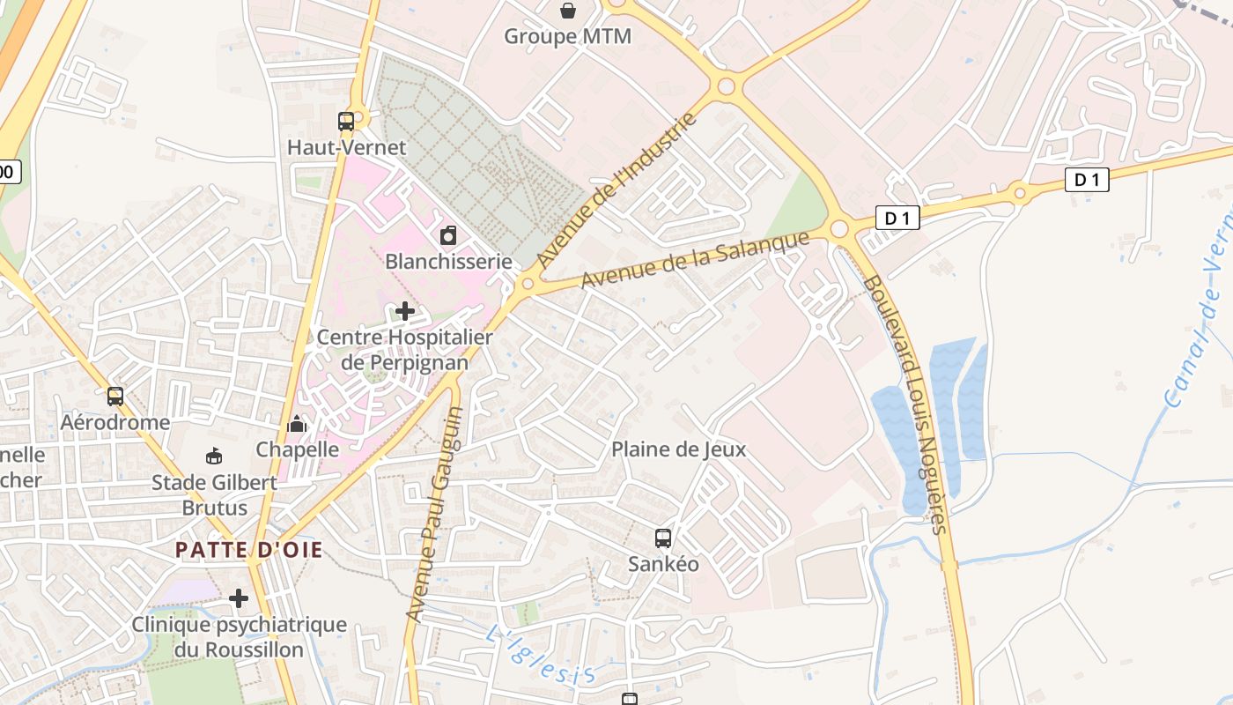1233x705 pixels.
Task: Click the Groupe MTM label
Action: point(567,36)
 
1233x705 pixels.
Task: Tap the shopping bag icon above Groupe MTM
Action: point(568,11)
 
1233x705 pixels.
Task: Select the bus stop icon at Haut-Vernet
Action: point(346,122)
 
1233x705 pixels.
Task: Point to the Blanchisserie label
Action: point(448,261)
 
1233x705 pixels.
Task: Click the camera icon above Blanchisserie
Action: point(448,235)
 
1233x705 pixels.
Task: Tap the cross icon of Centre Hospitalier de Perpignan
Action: point(405,311)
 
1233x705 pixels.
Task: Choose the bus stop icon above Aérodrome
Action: point(115,397)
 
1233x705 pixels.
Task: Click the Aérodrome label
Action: point(115,422)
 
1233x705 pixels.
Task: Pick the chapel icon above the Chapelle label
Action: point(297,425)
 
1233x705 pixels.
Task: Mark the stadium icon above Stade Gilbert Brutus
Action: point(214,456)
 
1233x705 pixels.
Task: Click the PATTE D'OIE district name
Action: point(249,550)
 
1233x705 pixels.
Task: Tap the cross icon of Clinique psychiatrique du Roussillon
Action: point(239,599)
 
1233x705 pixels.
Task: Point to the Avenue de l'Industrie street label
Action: point(616,190)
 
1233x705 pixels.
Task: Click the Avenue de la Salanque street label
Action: point(695,259)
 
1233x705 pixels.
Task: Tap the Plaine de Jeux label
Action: point(678,449)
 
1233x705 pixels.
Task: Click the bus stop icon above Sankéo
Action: point(663,538)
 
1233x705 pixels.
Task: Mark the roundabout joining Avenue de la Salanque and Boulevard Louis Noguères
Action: point(838,229)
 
